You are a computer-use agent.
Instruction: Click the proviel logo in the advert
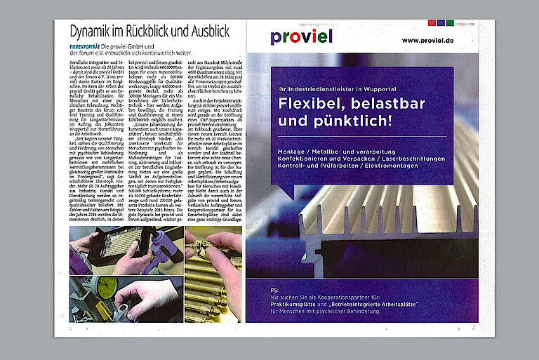pyautogui.click(x=301, y=37)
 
